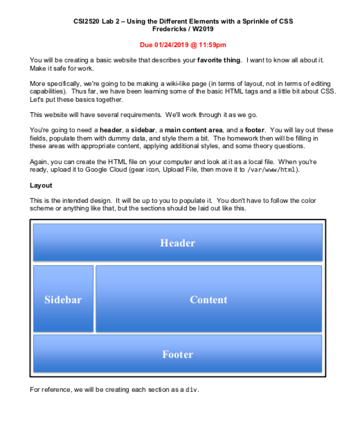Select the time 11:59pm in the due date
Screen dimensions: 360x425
pos(211,44)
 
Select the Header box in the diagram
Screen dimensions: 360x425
pos(177,243)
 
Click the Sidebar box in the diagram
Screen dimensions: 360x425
pos(63,299)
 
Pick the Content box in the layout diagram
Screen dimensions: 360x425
pos(208,299)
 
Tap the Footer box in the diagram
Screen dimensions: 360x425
pos(177,354)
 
